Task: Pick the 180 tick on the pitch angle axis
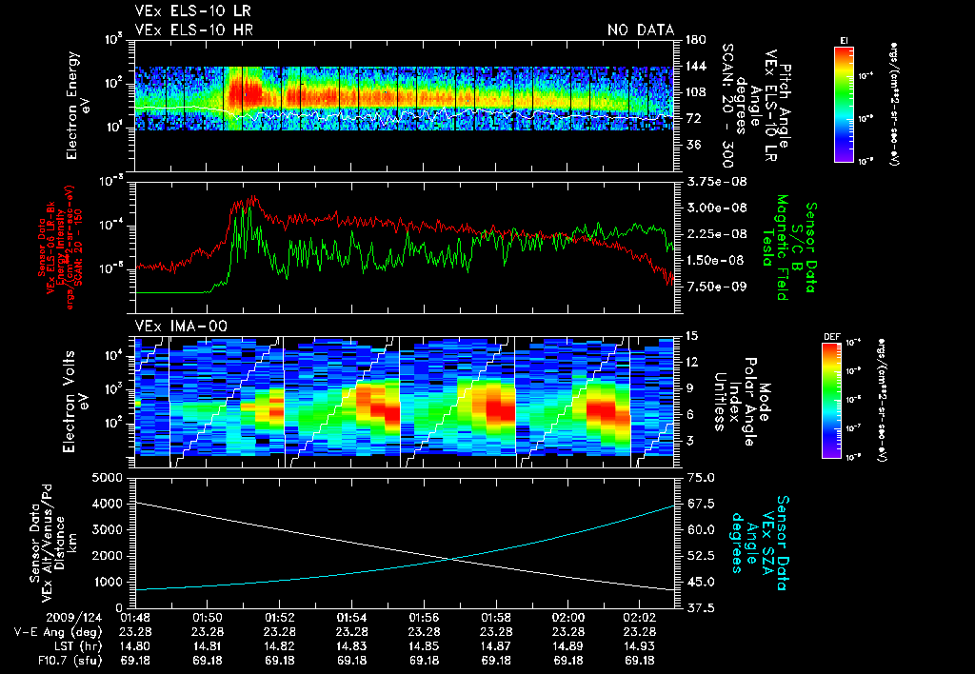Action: click(693, 40)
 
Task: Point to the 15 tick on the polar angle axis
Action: click(689, 335)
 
